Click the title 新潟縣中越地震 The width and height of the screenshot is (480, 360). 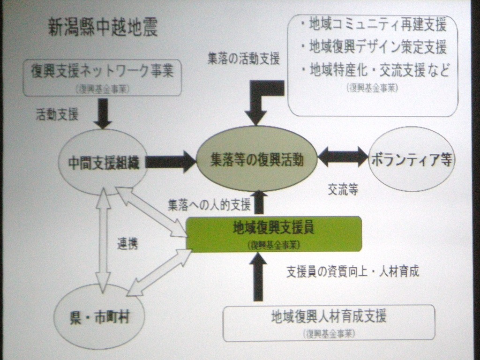point(103,28)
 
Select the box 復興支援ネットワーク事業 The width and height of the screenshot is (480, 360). point(102,77)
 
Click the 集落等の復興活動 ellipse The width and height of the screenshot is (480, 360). point(256,159)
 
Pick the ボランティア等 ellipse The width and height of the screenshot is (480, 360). point(412,159)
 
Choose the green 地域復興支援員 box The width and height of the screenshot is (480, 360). point(274,233)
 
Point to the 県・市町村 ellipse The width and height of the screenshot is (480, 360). point(99,317)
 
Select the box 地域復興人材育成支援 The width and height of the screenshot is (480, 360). point(329,322)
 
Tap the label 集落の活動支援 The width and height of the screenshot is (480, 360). point(244,59)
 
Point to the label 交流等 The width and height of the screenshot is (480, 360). point(343,189)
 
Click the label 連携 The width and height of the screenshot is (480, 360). point(127,244)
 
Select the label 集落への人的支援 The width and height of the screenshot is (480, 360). point(209,204)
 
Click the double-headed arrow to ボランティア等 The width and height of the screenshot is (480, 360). point(343,157)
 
